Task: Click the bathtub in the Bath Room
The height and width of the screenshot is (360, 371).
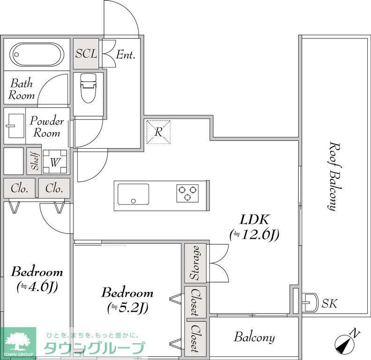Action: (37, 54)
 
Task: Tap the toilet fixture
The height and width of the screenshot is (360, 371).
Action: (88, 88)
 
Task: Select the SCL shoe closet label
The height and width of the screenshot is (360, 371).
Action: (86, 54)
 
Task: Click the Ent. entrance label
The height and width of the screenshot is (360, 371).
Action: (126, 55)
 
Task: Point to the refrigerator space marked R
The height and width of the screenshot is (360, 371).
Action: (158, 132)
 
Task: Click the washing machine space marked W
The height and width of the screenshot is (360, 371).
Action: (55, 162)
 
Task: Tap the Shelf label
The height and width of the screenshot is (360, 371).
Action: (35, 161)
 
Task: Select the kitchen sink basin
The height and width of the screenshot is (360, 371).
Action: (134, 194)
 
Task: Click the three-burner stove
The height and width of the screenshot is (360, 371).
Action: (187, 193)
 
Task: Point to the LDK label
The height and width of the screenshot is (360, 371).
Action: (254, 219)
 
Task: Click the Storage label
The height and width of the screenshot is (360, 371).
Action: (195, 263)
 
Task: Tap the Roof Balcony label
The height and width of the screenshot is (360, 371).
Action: (335, 176)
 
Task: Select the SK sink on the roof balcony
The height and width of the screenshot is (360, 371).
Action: (311, 302)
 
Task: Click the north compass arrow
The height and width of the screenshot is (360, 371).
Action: (347, 342)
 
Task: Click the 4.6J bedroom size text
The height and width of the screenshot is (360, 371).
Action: (37, 287)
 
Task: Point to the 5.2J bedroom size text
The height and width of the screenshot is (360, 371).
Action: (127, 308)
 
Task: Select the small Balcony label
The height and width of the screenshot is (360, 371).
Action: (254, 337)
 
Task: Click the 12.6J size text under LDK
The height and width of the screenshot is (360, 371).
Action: (254, 234)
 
